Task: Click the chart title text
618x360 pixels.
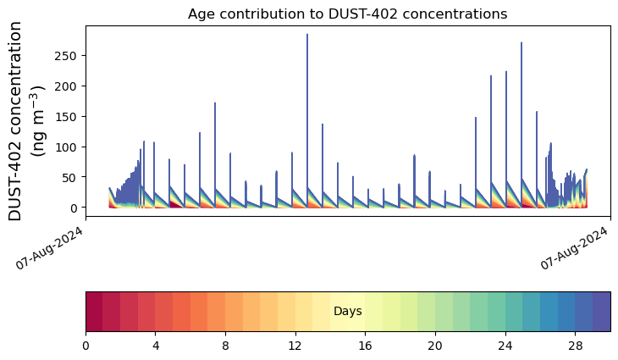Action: (x=347, y=14)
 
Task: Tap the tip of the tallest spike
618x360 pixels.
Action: (x=307, y=35)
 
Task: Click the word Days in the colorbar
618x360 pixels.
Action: (x=348, y=312)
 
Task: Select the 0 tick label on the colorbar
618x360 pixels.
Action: (x=86, y=346)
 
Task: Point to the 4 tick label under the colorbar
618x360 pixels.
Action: (x=156, y=346)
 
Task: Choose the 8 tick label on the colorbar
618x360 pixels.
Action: (x=226, y=346)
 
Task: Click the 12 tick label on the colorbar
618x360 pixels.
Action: (x=295, y=346)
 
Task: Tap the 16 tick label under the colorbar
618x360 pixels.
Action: (x=366, y=346)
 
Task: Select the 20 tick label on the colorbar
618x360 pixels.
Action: (x=436, y=346)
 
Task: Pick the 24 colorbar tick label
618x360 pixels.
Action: (x=505, y=346)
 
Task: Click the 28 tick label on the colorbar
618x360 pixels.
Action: (x=576, y=346)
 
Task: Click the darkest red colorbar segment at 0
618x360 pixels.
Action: (x=94, y=311)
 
